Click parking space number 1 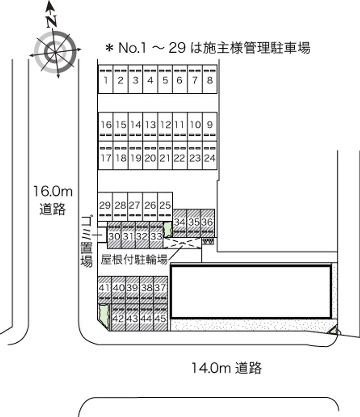coord(106,79)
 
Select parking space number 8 coord(210,79)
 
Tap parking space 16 coord(106,127)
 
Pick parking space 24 coord(210,155)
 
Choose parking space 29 coord(105,207)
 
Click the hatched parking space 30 coord(114,235)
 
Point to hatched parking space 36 coord(207,223)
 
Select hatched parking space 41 coord(104,290)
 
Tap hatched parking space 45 coord(161,317)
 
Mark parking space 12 coord(165,127)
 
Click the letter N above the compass coord(52,22)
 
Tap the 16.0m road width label coord(53,191)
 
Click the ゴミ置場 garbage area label coord(87,240)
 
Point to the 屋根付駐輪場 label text coord(134,259)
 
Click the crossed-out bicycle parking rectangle coord(182,243)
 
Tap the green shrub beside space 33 coord(167,229)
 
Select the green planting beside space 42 coord(103,316)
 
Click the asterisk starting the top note coord(109,48)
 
